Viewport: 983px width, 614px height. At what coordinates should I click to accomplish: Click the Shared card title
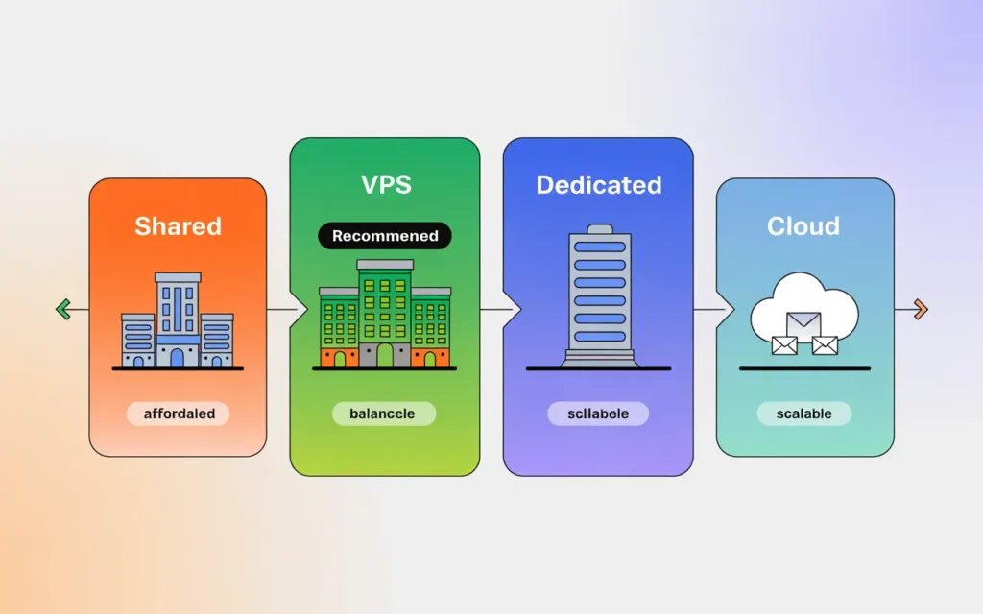click(178, 226)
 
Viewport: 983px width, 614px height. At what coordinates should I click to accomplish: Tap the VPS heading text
click(385, 184)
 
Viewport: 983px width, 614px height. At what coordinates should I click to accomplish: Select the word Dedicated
click(598, 184)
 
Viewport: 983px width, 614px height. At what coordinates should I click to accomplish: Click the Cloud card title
click(803, 226)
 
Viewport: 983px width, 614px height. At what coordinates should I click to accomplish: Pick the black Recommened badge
click(385, 236)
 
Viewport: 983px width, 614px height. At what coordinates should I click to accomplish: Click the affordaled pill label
click(178, 414)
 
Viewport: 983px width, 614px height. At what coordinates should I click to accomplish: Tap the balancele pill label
click(383, 413)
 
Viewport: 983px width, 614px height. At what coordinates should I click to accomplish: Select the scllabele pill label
click(598, 413)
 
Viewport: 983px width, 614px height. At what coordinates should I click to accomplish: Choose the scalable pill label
click(803, 414)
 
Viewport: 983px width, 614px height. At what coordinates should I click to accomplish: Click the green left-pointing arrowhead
click(63, 309)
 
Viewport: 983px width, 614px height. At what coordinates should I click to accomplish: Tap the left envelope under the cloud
click(784, 344)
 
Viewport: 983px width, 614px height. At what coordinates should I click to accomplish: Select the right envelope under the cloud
click(825, 344)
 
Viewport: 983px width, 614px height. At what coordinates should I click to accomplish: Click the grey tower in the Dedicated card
click(598, 293)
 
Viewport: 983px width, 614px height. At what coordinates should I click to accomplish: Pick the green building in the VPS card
click(384, 312)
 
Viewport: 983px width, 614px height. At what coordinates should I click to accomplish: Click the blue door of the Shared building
click(177, 358)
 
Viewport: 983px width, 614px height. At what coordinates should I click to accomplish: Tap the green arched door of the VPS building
click(385, 356)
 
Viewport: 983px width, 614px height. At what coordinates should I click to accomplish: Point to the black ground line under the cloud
click(804, 368)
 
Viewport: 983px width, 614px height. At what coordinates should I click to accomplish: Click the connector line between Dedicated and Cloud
click(708, 310)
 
